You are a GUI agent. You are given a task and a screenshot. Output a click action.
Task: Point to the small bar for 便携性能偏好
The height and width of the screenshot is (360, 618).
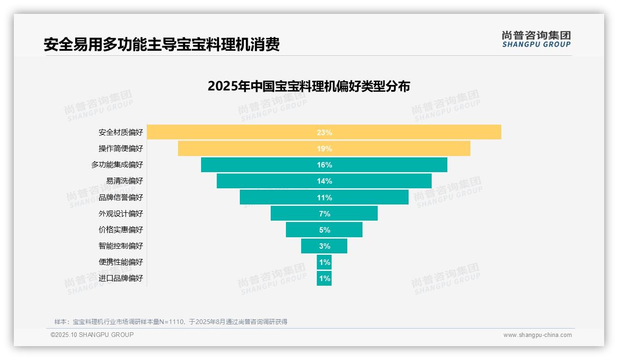[324, 262]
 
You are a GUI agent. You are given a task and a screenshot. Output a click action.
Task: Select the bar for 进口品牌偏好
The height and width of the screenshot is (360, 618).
[324, 278]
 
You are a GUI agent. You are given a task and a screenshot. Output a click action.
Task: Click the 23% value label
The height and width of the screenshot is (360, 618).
[324, 132]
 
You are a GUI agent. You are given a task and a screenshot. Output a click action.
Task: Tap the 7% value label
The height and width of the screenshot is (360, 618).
[324, 214]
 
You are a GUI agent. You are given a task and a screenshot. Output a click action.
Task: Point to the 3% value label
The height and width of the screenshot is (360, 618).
[324, 246]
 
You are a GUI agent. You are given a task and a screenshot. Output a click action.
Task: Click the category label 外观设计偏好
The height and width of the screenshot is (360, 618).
[121, 214]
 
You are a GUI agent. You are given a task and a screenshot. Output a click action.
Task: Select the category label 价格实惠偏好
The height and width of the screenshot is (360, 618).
[121, 230]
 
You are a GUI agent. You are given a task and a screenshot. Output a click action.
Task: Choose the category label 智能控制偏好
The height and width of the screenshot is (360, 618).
[121, 246]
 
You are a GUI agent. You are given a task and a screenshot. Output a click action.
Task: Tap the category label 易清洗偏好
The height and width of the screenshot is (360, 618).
[125, 181]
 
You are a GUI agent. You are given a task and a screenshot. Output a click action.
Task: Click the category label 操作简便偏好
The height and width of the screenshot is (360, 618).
[121, 149]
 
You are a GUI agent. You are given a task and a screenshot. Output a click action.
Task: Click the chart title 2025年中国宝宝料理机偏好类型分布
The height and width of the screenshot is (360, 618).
[309, 86]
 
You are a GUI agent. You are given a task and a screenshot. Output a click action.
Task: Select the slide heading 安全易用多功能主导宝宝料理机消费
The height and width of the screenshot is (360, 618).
[161, 45]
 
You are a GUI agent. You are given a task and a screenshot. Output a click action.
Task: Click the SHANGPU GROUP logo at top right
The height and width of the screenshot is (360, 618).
[536, 39]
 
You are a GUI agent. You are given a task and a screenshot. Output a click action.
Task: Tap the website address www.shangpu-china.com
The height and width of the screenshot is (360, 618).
[537, 335]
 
